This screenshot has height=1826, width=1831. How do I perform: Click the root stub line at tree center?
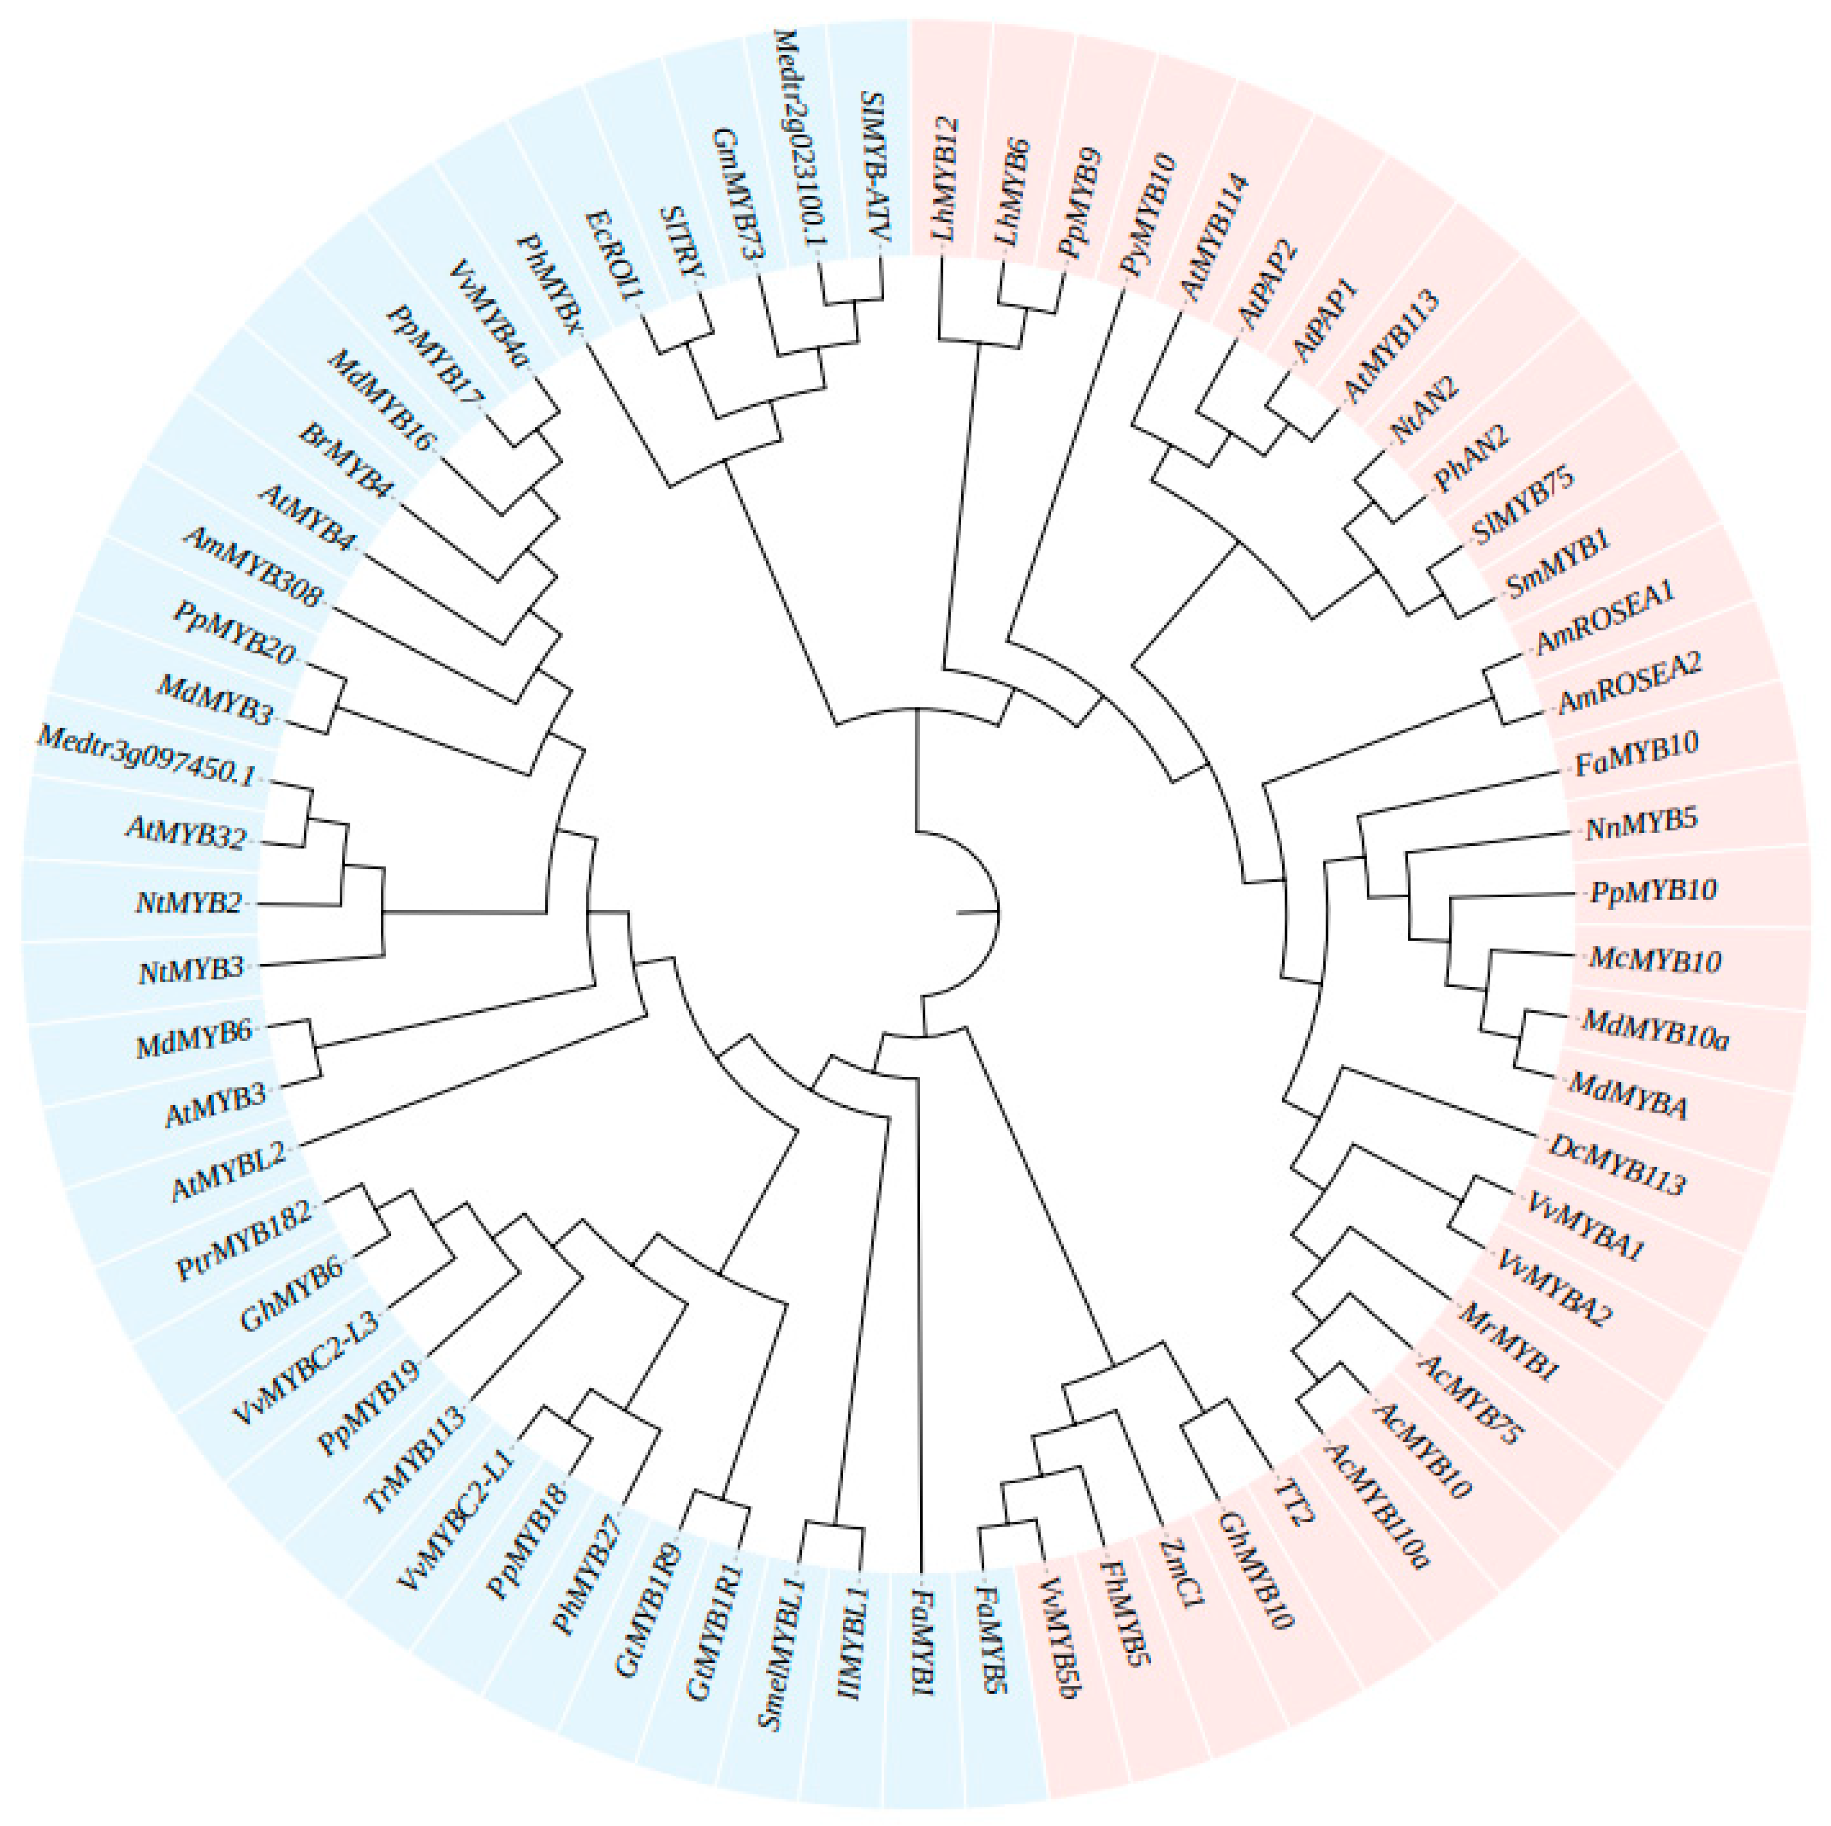(978, 913)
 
